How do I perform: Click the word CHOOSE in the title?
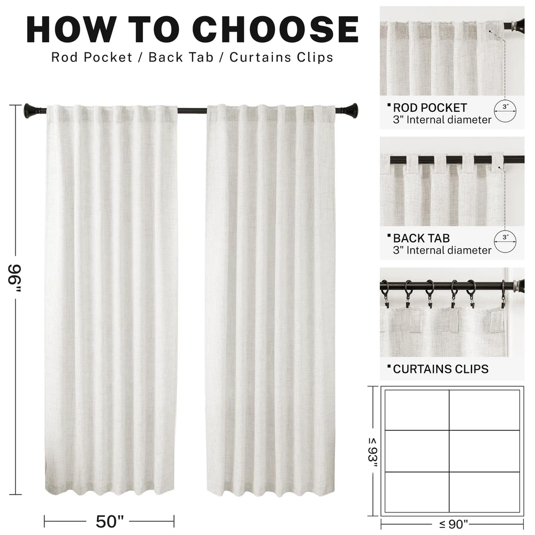click(278, 29)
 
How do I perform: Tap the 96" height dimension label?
click(14, 278)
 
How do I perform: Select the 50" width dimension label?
click(110, 521)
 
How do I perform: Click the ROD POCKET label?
click(430, 108)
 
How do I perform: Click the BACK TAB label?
click(421, 238)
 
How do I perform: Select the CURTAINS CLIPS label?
click(440, 369)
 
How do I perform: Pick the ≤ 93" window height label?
click(372, 453)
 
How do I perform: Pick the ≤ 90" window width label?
click(453, 524)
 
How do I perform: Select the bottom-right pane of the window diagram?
click(485, 492)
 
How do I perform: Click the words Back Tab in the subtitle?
click(181, 57)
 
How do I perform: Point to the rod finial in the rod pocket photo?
click(515, 26)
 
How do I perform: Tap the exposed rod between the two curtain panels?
click(192, 111)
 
